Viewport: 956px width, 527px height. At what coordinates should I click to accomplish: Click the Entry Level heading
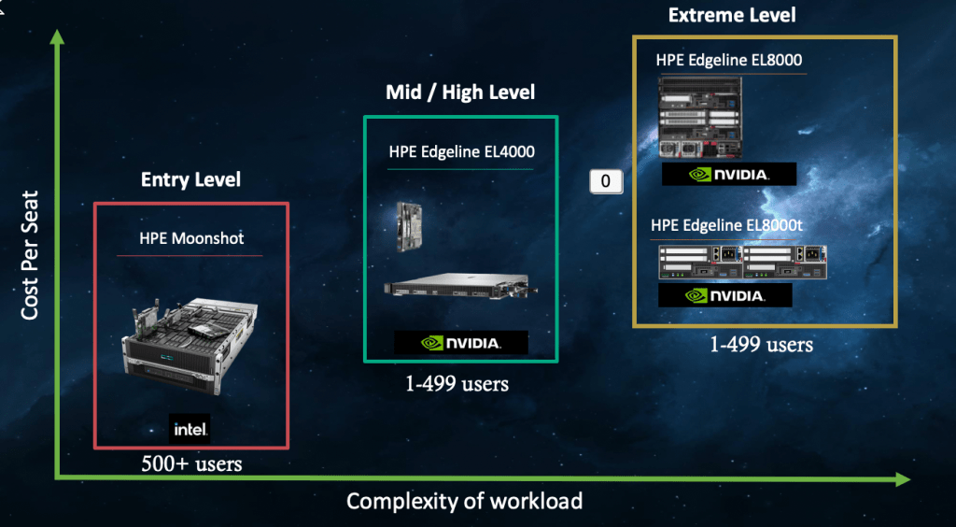[x=190, y=179]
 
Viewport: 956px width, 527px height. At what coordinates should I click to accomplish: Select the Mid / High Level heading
[x=460, y=93]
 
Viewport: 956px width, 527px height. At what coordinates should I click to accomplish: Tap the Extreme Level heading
[x=732, y=16]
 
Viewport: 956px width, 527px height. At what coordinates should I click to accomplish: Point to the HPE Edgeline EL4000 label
[x=461, y=151]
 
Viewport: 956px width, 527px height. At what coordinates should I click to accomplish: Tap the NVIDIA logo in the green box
[x=460, y=342]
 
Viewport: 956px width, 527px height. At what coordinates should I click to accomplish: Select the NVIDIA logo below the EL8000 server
[x=728, y=174]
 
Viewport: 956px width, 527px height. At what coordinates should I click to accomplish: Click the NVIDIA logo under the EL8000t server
[x=724, y=295]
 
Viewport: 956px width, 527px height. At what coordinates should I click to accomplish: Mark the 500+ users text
[x=191, y=463]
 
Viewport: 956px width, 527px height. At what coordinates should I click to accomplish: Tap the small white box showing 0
[x=605, y=180]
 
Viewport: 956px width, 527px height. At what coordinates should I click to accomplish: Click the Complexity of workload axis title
[x=464, y=502]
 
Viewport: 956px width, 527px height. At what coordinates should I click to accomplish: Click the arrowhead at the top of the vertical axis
[x=56, y=37]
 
